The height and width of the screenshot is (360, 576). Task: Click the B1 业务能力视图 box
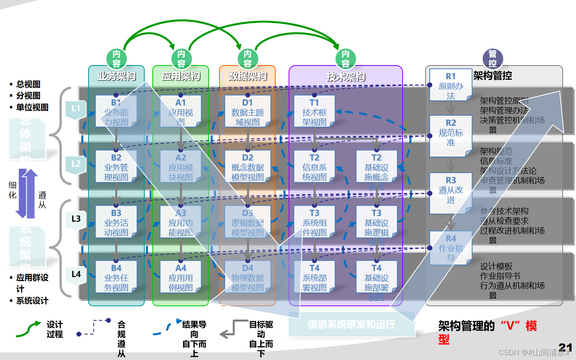click(116, 111)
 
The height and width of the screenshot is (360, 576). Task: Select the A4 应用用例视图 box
click(181, 277)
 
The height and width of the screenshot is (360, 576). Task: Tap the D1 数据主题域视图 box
click(247, 111)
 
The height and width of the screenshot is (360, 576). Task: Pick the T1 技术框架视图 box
click(314, 111)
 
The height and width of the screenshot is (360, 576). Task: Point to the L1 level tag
click(76, 109)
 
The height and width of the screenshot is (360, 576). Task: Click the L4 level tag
click(76, 275)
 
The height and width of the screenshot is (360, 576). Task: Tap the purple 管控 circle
click(492, 59)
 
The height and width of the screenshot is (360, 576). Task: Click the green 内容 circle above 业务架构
click(116, 59)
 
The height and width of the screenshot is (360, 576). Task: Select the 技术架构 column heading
click(346, 76)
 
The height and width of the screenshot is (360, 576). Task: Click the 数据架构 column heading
click(247, 76)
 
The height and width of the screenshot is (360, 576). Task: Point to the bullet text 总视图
click(28, 84)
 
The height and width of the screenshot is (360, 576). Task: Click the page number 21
click(565, 347)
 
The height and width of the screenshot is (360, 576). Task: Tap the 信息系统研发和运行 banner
click(351, 324)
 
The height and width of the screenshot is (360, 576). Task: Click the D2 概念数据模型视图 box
click(247, 167)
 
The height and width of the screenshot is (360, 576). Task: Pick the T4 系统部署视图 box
click(314, 277)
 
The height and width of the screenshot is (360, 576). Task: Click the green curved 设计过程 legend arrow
click(28, 329)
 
